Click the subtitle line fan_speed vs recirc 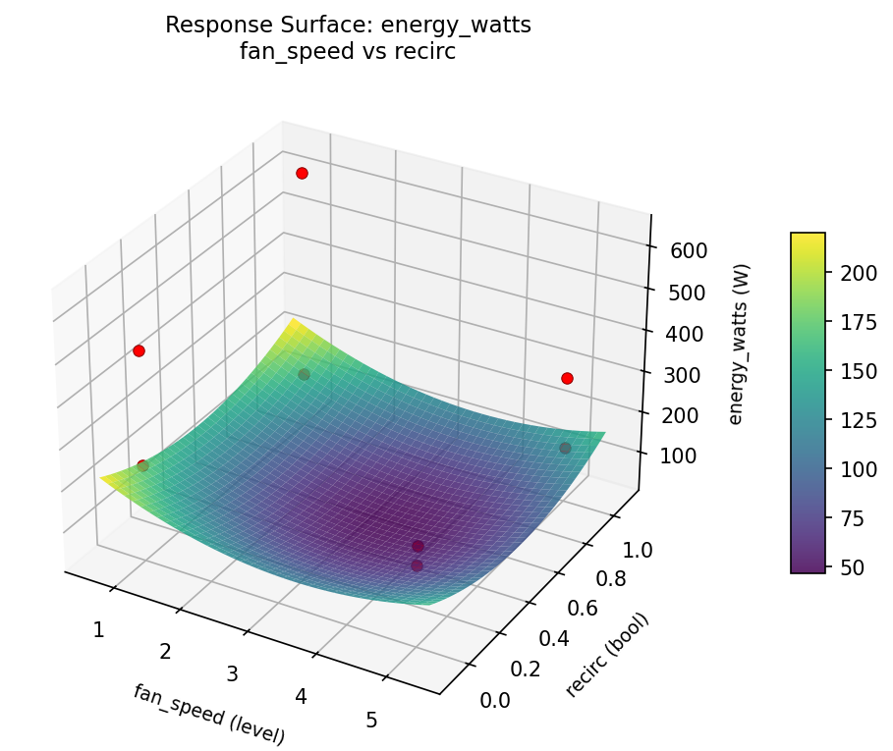348,52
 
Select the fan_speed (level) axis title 208,714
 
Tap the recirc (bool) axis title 608,657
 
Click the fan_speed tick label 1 98,629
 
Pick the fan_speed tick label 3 233,673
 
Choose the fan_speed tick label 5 371,720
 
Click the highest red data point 302,173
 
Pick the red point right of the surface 567,378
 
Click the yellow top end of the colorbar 808,237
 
